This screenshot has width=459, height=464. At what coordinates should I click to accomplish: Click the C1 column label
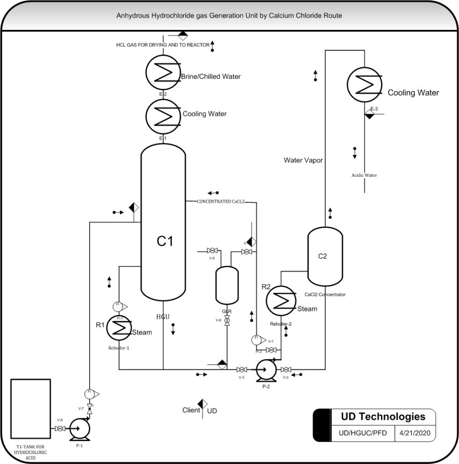point(164,242)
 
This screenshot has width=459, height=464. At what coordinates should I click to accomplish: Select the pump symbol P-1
point(81,428)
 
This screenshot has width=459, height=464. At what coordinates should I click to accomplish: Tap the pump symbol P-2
point(266,369)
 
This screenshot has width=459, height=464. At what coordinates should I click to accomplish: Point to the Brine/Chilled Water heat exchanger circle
point(163,72)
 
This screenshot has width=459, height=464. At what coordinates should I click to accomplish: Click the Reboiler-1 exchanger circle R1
point(119,329)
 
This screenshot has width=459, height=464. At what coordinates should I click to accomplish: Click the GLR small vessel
point(227,285)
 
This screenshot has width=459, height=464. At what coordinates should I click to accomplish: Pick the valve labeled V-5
point(212,251)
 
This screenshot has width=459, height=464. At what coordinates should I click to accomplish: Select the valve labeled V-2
point(286,369)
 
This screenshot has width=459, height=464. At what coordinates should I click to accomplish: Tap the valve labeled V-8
point(59,428)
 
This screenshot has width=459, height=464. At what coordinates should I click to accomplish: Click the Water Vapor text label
point(303,160)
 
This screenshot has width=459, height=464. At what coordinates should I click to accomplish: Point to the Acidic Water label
point(364,175)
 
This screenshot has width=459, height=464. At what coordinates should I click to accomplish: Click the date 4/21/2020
point(415,432)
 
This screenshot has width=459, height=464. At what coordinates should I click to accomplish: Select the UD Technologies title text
point(383,416)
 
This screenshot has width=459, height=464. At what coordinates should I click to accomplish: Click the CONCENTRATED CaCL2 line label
point(221,201)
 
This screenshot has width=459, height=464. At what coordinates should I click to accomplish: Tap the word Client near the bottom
point(191,410)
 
